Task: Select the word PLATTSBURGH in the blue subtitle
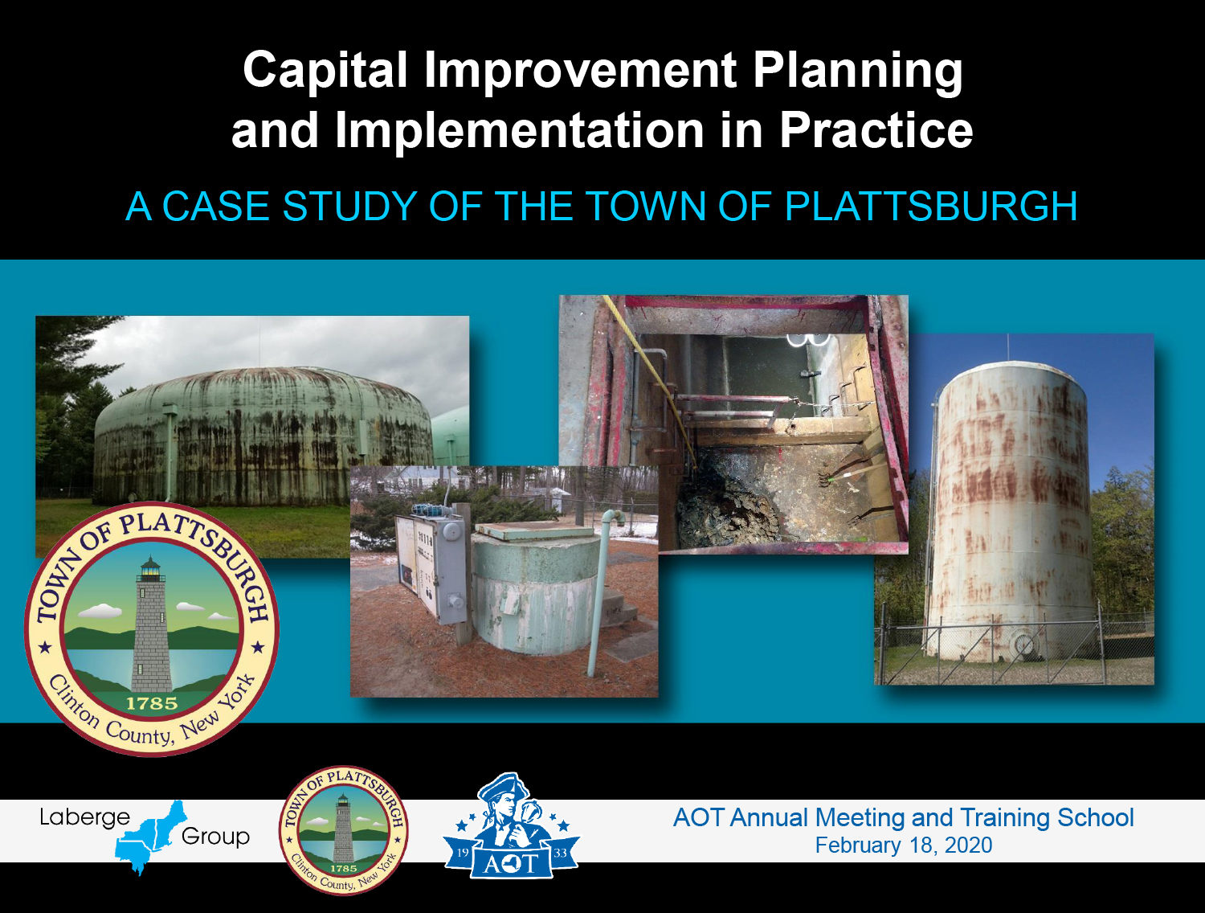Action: pos(930,207)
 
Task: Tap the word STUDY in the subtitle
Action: pos(349,207)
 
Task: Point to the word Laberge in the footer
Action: pos(84,818)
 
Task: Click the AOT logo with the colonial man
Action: pos(511,825)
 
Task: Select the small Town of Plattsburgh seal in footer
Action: pos(343,830)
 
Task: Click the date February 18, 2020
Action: pos(904,845)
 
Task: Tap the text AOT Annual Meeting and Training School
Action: pos(904,817)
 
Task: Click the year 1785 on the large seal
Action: pos(152,703)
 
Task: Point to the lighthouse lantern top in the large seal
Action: pos(150,568)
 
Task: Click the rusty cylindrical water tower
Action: pos(1009,510)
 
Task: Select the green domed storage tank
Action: pos(263,434)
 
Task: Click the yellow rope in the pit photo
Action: pos(651,379)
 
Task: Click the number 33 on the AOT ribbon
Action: pos(560,854)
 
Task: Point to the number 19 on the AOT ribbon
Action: pos(463,854)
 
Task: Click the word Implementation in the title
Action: pos(519,132)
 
